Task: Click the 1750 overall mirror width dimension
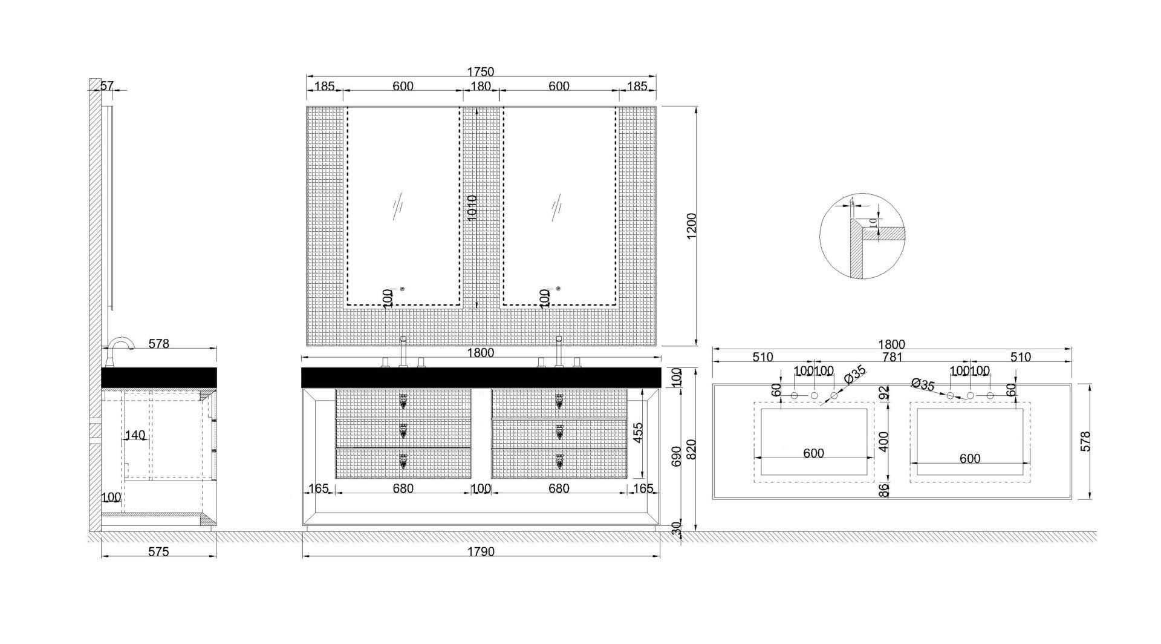click(x=481, y=71)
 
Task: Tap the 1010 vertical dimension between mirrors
click(x=472, y=207)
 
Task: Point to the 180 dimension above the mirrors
click(x=481, y=86)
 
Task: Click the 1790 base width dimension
click(x=481, y=551)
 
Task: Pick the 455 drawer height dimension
click(x=637, y=433)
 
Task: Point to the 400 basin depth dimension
click(x=884, y=441)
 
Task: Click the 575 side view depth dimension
click(x=158, y=551)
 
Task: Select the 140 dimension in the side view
click(x=135, y=435)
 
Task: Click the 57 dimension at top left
click(x=106, y=86)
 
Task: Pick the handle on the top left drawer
click(x=403, y=401)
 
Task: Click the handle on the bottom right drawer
click(x=559, y=461)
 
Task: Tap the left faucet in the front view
click(x=403, y=351)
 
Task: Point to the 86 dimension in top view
click(x=884, y=489)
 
